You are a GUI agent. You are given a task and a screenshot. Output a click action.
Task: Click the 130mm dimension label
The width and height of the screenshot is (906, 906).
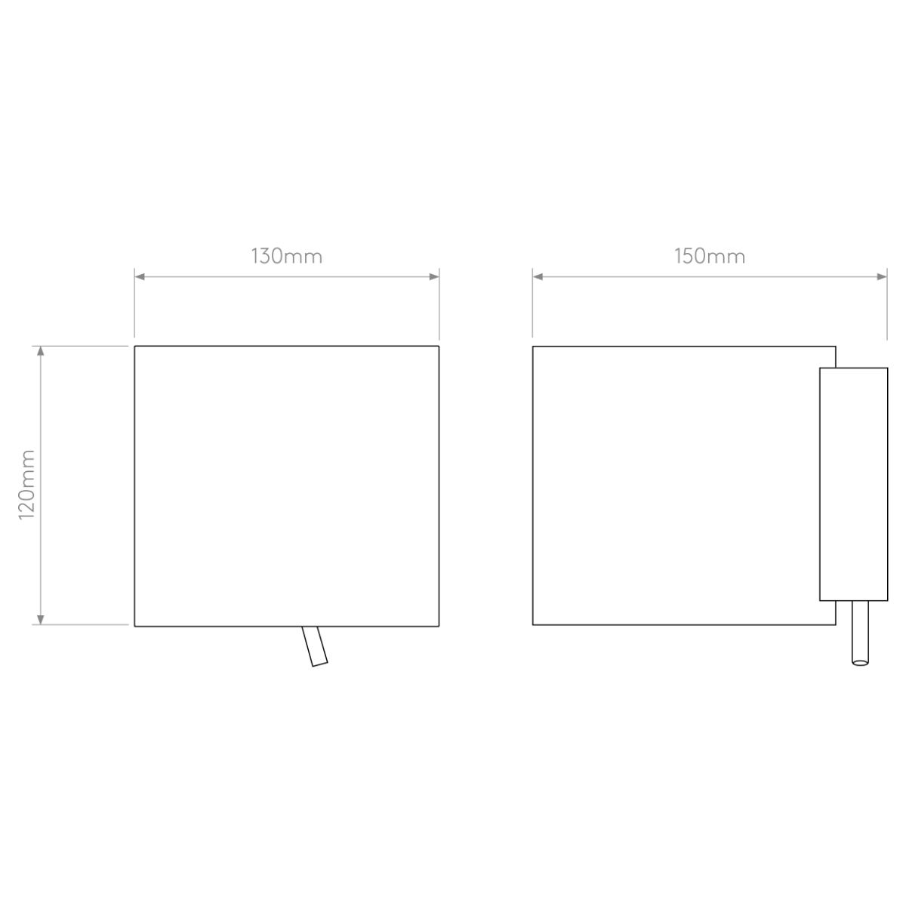[x=287, y=256]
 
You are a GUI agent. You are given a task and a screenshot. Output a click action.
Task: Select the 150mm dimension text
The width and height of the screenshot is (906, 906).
[x=710, y=256]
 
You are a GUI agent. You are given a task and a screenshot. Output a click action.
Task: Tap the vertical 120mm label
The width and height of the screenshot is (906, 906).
[x=26, y=485]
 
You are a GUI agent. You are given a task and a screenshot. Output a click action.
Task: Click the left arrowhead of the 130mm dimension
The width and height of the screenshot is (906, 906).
[x=140, y=277]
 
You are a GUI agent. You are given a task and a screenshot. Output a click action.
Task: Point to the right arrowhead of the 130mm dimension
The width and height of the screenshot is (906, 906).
[x=434, y=277]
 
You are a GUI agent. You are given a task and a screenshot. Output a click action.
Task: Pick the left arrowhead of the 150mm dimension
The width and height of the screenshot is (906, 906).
[x=538, y=277]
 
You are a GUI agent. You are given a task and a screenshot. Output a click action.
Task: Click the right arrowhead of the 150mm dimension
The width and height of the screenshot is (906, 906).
[x=882, y=277]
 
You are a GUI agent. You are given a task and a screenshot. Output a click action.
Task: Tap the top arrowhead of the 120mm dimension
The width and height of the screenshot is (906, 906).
[x=41, y=351]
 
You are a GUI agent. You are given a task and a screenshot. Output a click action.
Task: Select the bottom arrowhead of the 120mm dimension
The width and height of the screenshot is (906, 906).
[x=41, y=620]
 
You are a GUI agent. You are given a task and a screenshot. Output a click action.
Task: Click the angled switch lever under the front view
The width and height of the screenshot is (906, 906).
[x=315, y=646]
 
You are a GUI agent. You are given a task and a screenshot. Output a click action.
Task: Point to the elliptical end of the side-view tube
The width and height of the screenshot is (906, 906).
[x=860, y=663]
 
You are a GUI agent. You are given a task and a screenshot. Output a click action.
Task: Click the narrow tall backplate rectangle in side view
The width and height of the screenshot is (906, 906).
[x=853, y=484]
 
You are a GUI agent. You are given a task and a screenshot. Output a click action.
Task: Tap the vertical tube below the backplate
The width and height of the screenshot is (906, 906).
[x=860, y=633]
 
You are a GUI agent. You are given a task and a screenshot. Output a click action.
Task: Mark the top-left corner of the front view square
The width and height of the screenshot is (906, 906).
[x=134, y=346]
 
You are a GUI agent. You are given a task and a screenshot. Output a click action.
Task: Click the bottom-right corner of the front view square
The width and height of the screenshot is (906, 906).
[x=439, y=626]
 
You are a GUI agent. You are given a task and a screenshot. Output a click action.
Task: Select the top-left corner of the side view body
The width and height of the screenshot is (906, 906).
[x=533, y=347]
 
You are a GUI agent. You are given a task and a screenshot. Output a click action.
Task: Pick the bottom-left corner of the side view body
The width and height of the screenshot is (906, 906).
[x=533, y=625]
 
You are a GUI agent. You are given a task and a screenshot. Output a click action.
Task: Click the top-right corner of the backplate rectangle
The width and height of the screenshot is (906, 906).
[x=888, y=368]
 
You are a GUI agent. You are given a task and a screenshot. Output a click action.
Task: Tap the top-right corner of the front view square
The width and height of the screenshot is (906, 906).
[x=439, y=346]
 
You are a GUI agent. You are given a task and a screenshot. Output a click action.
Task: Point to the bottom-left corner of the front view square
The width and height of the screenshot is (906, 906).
[x=134, y=626]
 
